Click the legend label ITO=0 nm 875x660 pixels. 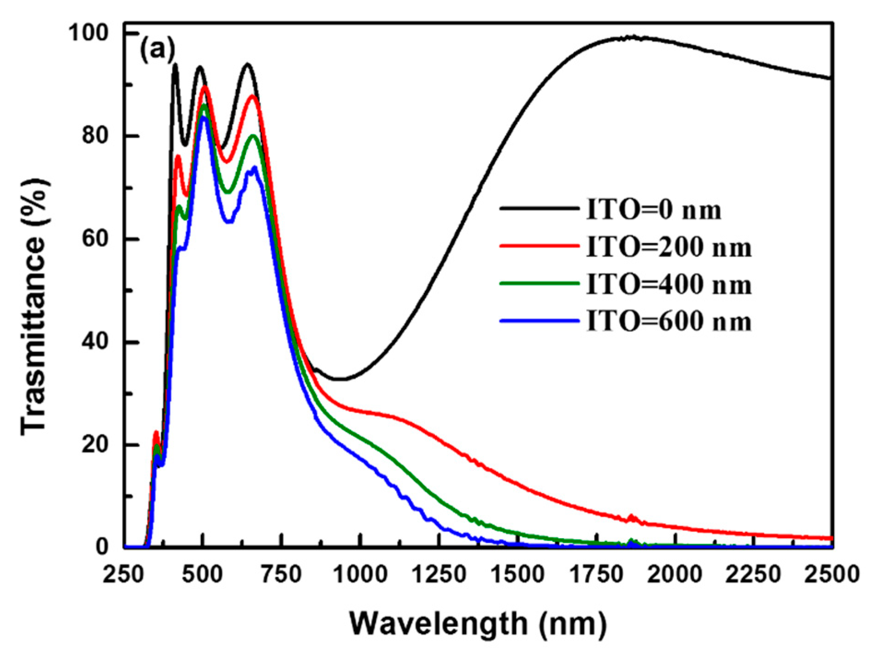pyautogui.click(x=654, y=210)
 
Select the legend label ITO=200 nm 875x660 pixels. pyautogui.click(x=669, y=247)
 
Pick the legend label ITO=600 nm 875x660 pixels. pyautogui.click(x=669, y=321)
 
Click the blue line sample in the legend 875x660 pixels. pyautogui.click(x=539, y=321)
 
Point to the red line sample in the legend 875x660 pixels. pyautogui.click(x=539, y=247)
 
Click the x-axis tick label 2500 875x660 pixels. pyautogui.click(x=832, y=575)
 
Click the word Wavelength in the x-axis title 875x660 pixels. pyautogui.click(x=438, y=625)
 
